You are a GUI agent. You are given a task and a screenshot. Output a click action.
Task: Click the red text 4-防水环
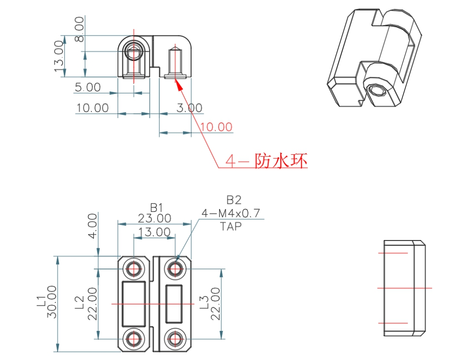267,160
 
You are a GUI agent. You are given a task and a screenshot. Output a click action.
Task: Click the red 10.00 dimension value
216,127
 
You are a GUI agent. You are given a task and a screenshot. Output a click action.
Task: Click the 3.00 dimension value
189,107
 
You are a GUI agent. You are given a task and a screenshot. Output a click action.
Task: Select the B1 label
155,207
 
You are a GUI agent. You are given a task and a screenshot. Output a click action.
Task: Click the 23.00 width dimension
155,218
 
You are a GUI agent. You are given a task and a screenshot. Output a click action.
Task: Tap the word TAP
231,225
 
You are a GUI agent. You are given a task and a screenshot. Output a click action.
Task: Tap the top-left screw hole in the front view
134,269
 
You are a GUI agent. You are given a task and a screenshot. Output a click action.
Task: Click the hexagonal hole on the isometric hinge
375,90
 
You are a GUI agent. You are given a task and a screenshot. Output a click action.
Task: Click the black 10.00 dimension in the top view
92,107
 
